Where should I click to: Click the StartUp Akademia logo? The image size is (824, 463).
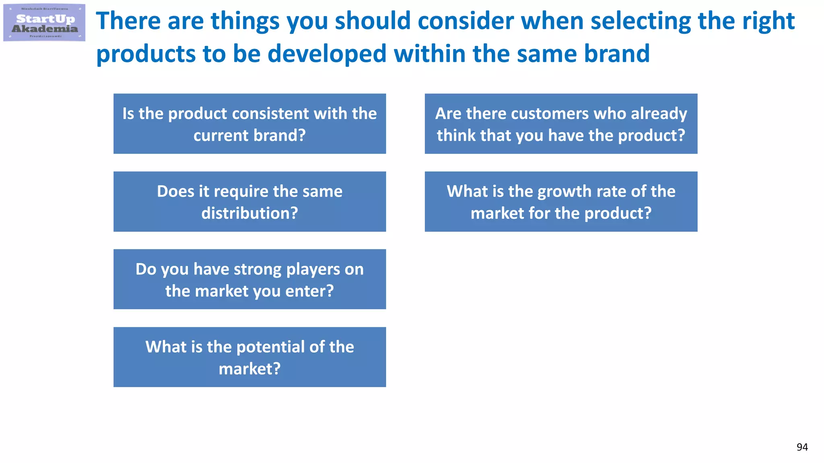tap(44, 23)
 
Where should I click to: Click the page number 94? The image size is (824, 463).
tap(802, 447)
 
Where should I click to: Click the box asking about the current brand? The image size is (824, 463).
tap(249, 124)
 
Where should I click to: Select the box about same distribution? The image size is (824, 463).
tap(249, 201)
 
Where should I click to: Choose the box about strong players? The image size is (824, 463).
tap(249, 279)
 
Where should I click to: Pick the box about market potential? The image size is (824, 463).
tap(249, 357)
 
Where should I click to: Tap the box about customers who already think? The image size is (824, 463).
tap(561, 124)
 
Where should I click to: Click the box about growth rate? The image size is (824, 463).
tap(561, 201)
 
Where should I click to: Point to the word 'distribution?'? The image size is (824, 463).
tap(249, 213)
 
